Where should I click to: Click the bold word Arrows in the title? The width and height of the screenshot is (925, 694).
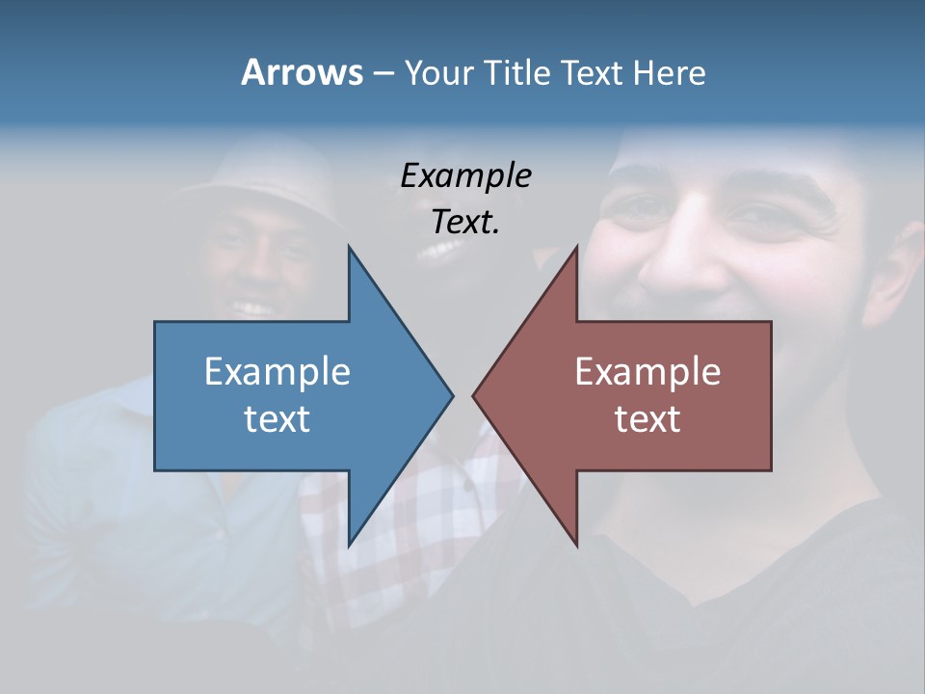302,72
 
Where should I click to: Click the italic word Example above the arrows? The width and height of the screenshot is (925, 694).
465,176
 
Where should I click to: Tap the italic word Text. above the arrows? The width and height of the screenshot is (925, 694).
465,223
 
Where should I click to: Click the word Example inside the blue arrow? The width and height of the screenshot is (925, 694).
277,371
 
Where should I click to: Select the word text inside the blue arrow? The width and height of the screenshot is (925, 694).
277,418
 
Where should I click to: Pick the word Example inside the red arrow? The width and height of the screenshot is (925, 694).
647,371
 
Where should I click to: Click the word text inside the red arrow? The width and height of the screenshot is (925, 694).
647,418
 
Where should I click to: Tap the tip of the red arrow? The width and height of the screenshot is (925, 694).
474,395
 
